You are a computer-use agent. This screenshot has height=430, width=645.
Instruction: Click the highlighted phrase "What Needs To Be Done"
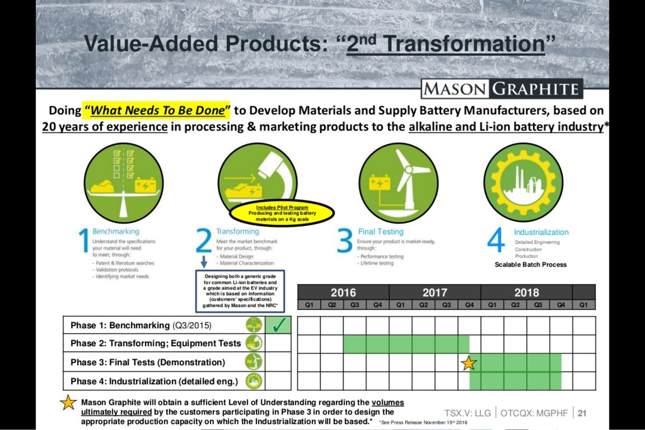156,111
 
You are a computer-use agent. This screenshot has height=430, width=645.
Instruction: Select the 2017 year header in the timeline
434,293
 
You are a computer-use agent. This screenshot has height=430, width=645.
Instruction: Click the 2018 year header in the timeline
526,293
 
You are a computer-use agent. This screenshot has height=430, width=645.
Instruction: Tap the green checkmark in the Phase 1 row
278,325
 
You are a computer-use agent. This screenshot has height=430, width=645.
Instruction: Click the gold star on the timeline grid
469,363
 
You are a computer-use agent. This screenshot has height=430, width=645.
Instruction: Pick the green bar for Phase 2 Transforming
406,344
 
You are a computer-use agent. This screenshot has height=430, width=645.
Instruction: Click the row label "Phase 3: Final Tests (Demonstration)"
148,363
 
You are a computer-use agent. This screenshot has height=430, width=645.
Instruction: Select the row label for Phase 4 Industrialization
154,382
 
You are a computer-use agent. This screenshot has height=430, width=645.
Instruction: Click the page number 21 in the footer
582,413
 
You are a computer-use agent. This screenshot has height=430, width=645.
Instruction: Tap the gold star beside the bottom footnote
68,404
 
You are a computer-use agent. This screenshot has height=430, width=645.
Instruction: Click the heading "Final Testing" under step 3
381,232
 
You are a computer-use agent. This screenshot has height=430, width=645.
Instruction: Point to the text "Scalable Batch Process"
531,264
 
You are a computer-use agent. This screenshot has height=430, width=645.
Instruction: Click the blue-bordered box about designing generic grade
239,291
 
